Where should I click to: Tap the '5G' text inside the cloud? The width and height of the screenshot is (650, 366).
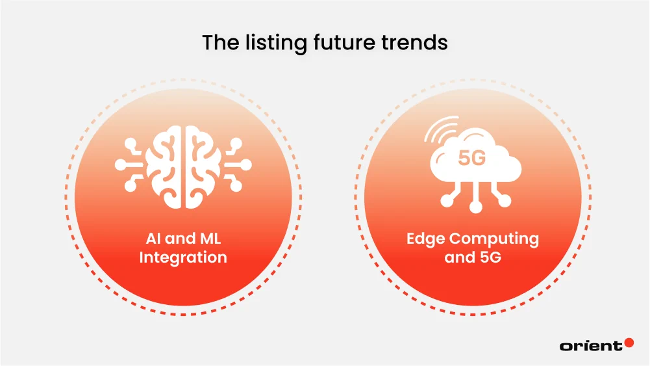[x=471, y=158]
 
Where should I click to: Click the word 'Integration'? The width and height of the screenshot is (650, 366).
[x=183, y=257]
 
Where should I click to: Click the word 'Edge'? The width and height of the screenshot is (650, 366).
[x=426, y=239]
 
